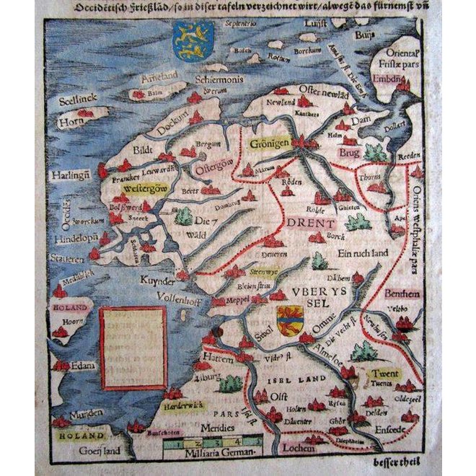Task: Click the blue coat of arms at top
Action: point(194,40)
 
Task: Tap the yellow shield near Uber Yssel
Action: point(290,316)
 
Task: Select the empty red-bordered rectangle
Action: point(133,348)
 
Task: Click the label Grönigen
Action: point(270,144)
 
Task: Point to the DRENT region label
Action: point(311,224)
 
